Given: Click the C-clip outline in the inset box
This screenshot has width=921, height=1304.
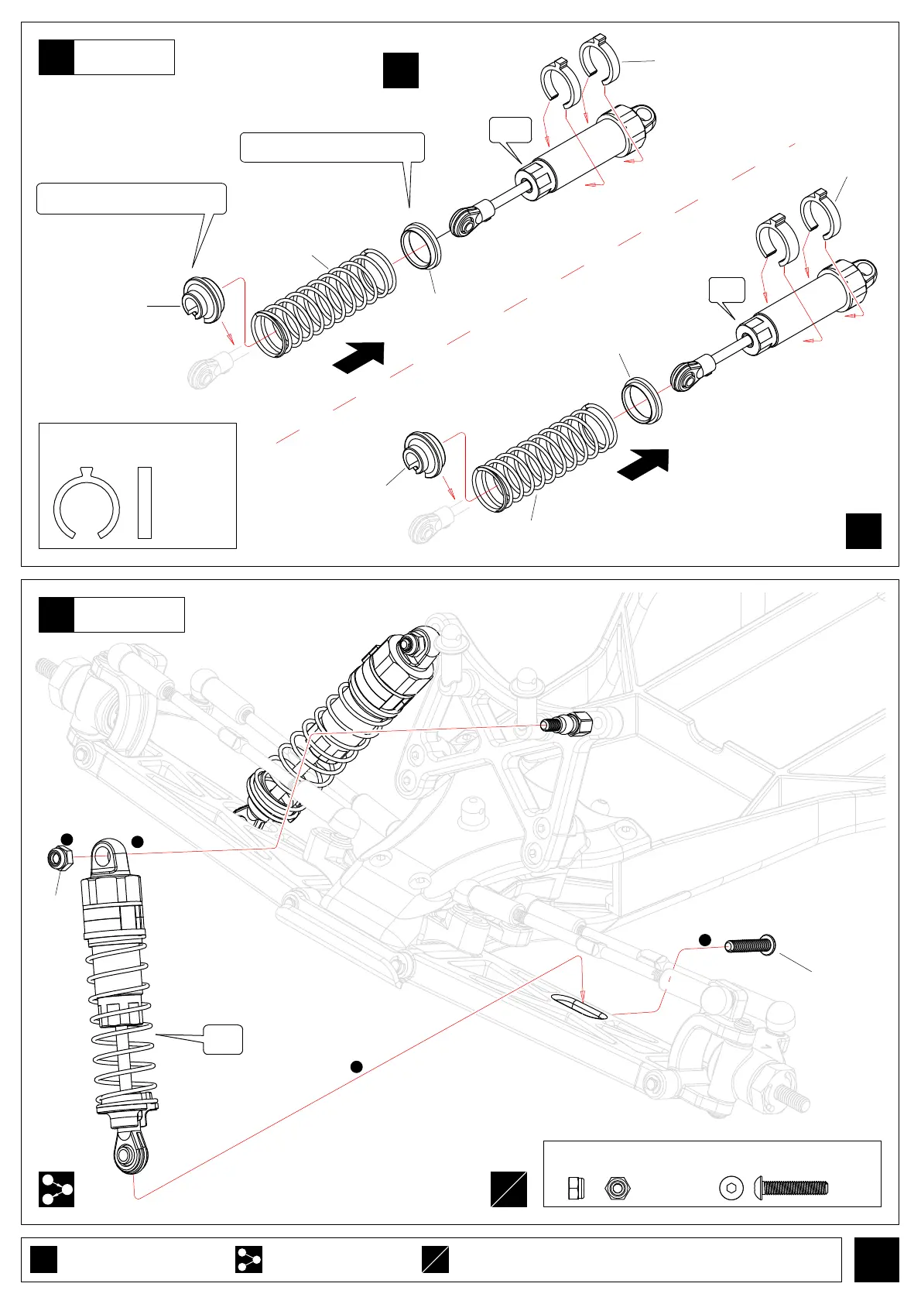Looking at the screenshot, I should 86,505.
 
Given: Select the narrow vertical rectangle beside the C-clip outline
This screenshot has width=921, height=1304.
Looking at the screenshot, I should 144,503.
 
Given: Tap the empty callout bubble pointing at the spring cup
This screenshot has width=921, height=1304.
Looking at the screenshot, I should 132,198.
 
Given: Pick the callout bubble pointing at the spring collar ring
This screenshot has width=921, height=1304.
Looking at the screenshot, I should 332,147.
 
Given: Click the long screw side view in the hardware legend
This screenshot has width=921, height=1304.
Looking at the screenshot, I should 793,1187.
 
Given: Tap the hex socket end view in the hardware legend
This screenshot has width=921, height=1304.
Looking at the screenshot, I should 731,1187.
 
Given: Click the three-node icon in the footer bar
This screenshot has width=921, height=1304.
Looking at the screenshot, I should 248,1259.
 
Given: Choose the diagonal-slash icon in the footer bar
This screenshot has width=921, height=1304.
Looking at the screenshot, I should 435,1259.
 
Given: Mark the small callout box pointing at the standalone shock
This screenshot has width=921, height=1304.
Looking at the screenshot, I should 223,1039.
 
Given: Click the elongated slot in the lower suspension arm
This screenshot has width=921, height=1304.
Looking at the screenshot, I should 578,1006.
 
